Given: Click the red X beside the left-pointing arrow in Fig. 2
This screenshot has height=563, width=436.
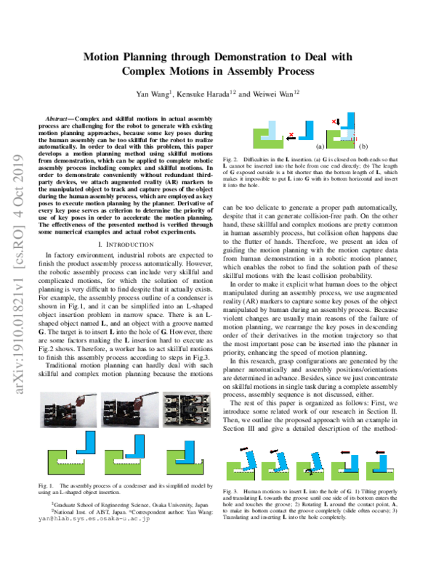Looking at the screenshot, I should coord(291,135).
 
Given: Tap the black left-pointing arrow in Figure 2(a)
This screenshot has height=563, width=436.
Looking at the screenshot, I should coord(304,135).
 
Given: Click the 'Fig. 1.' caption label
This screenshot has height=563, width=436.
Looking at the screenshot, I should coord(55,485).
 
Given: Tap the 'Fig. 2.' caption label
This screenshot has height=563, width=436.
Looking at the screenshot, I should coord(230,157).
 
